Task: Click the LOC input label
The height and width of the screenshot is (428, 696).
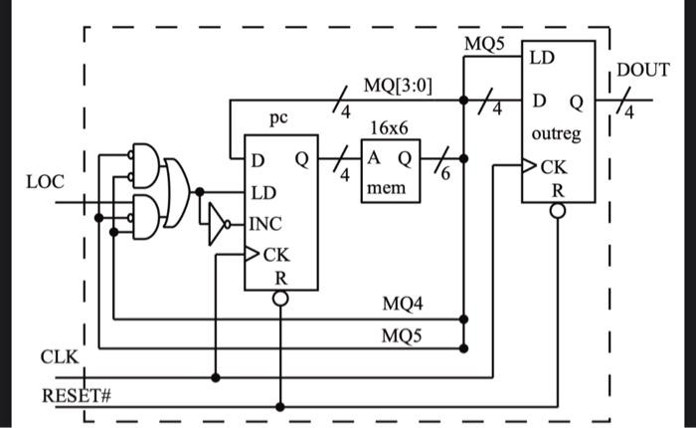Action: tap(46, 182)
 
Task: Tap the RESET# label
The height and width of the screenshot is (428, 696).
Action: tap(76, 395)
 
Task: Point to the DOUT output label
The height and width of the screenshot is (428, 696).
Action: tap(643, 71)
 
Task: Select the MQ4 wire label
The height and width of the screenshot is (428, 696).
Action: tap(402, 303)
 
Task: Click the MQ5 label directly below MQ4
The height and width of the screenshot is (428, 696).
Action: tap(402, 334)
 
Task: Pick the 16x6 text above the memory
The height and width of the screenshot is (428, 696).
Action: tap(389, 129)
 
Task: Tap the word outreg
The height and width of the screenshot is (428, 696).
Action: tap(557, 133)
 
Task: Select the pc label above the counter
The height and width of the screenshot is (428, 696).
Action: tap(278, 118)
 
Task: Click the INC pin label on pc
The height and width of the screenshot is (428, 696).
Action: tap(266, 224)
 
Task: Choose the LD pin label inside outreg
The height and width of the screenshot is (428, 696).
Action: tap(542, 58)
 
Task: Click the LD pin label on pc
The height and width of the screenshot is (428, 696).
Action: tap(263, 192)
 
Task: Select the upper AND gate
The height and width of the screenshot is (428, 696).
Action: tap(144, 163)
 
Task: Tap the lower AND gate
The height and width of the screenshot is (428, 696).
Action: tap(144, 212)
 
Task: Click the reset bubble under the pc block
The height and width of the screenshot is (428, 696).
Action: tap(281, 298)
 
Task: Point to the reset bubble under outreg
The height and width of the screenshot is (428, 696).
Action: tap(559, 210)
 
